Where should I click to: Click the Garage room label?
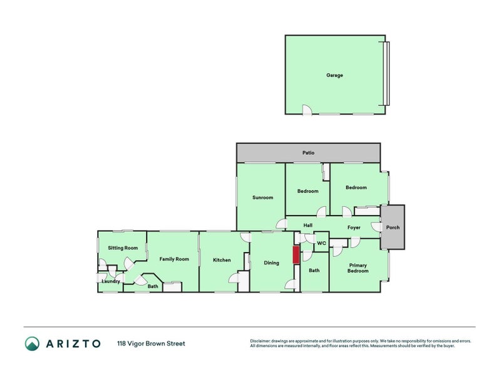click(334, 75)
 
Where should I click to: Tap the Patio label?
click(308, 153)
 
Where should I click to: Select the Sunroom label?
click(262, 197)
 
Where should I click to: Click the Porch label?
click(393, 227)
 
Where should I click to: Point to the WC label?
click(321, 243)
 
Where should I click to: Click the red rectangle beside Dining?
click(296, 256)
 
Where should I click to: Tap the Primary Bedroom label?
click(358, 268)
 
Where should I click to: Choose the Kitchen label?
click(222, 260)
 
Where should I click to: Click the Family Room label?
click(173, 259)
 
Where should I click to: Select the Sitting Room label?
click(123, 248)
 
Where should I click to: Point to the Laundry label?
click(111, 281)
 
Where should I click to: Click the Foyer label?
click(354, 227)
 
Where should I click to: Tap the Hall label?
click(308, 225)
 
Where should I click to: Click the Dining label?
click(271, 263)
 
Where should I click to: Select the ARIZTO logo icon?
click(32, 343)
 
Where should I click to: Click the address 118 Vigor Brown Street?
click(151, 343)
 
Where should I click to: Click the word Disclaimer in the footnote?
click(261, 342)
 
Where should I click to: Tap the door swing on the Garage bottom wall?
click(307, 110)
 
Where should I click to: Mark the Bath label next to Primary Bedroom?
click(314, 271)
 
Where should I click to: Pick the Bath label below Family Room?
click(153, 286)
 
